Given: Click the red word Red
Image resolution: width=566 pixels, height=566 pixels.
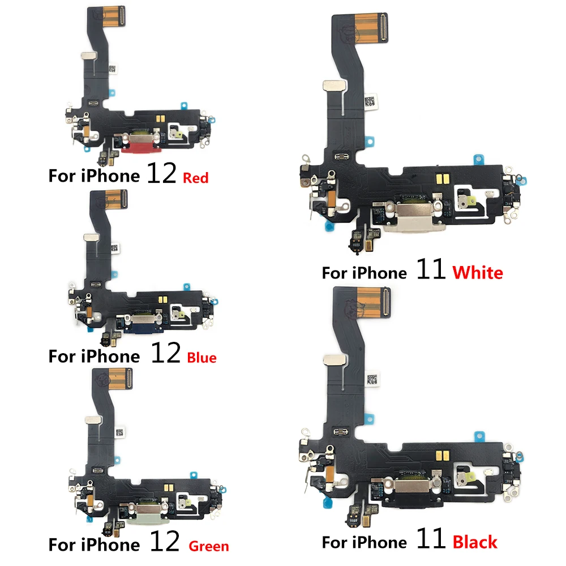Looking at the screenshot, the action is tap(195, 178).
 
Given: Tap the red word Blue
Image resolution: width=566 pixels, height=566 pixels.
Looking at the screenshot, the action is tap(201, 358).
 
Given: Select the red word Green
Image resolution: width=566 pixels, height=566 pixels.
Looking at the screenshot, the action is tap(209, 546).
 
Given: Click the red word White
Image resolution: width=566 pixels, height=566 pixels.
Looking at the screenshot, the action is tap(478, 273).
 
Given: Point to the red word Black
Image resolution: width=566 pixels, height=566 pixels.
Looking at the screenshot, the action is tap(475, 542).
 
